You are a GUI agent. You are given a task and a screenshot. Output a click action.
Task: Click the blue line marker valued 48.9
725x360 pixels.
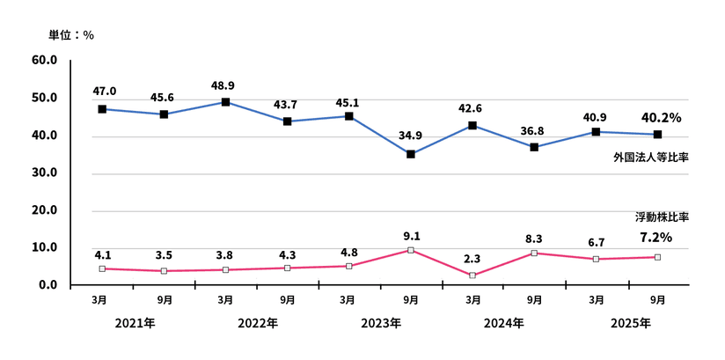coord(226,102)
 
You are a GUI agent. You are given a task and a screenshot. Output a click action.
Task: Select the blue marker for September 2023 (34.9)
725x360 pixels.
coord(411,154)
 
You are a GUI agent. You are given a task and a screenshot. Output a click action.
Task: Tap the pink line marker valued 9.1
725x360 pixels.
coord(411,251)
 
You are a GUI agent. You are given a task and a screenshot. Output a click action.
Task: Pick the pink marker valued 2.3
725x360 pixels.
coord(472,276)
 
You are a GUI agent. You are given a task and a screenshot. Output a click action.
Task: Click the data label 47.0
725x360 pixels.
coord(103,91)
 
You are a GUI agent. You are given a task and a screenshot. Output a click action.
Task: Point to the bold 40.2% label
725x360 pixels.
coord(661,116)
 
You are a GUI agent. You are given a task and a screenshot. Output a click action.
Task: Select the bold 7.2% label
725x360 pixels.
coord(655,237)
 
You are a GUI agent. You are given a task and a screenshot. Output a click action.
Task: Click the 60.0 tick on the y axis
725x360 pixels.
coord(45,60)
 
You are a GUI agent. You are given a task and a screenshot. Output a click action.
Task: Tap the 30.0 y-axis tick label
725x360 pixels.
coord(45,173)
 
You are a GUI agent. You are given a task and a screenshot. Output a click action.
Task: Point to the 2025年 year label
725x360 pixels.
coord(631,323)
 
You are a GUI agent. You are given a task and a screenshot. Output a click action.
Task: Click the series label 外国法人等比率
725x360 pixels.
coord(650,157)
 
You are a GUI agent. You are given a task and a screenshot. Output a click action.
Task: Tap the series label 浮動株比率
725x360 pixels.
coord(661,217)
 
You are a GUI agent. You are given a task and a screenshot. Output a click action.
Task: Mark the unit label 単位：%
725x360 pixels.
coord(70,35)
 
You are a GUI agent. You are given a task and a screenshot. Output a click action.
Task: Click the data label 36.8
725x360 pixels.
coord(534,131)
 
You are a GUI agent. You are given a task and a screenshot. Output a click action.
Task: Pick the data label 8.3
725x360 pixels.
coord(534,238)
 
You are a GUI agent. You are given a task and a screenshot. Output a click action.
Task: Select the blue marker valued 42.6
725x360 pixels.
coord(472,125)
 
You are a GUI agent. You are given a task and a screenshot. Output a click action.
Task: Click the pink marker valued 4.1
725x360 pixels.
coord(103,268)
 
